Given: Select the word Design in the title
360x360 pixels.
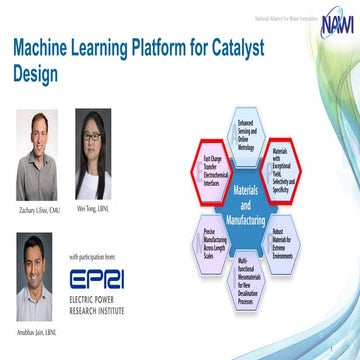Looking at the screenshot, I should pyautogui.click(x=38, y=75).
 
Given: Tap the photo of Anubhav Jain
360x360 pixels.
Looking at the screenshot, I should pyautogui.click(x=39, y=261).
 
